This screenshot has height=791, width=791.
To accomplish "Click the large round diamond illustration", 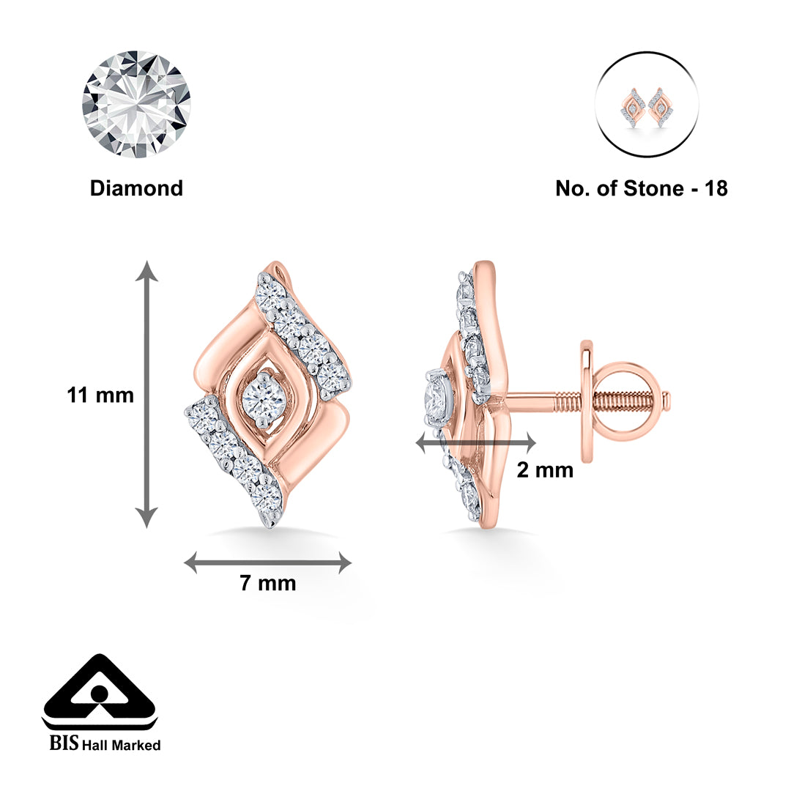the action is point(136,105).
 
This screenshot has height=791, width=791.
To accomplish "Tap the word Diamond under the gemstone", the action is point(136,188).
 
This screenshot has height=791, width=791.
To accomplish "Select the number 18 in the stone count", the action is point(716,188).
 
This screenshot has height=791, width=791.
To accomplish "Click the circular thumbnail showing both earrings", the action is point(647,105).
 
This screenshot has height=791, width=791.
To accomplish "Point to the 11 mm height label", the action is point(100,395).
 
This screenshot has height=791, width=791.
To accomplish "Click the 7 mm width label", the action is point(268,583).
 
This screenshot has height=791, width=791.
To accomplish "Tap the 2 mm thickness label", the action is point(546,470).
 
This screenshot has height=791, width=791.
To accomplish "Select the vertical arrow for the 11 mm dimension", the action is point(146,394).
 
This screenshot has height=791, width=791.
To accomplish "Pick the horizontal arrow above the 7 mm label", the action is point(267,563).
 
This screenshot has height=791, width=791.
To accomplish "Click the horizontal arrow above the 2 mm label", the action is point(476,442).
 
